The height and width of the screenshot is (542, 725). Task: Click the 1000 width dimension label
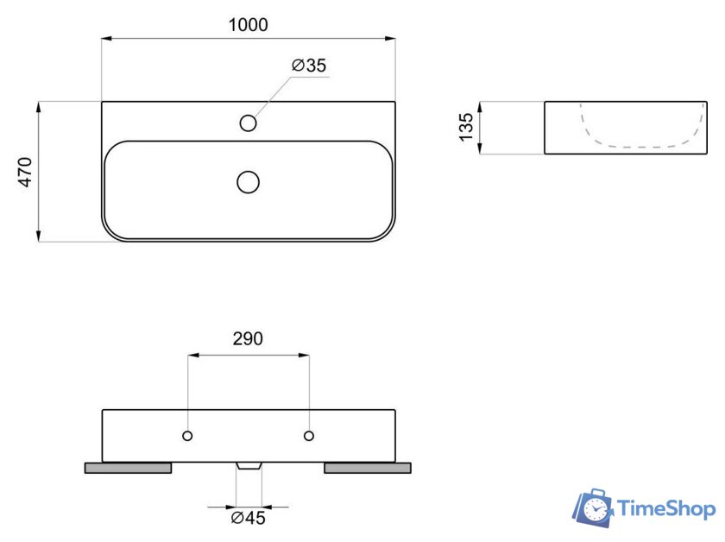[249, 25]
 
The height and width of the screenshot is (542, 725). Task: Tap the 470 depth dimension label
[25, 172]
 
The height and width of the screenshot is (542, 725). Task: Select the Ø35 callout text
[309, 66]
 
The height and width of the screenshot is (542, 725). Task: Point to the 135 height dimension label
[466, 127]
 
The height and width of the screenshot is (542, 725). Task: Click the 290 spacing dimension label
[248, 339]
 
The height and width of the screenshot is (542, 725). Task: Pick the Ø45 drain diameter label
[249, 518]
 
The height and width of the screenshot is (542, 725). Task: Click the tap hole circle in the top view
[249, 123]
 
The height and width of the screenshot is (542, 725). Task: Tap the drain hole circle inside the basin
[249, 182]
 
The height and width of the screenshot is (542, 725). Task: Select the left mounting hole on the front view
[187, 436]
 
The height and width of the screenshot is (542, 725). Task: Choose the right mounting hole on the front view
[309, 436]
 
